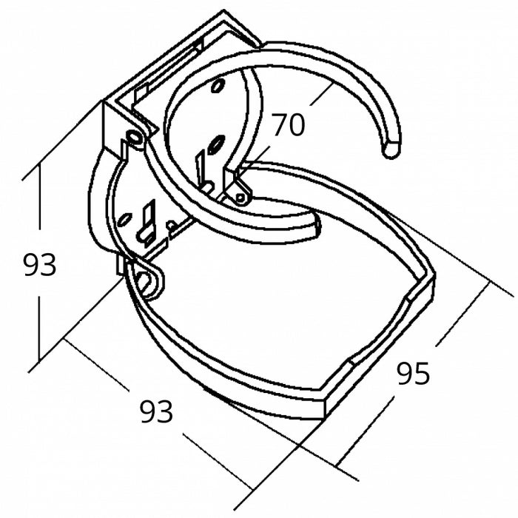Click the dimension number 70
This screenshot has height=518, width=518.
(x=288, y=126)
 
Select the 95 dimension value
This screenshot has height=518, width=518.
(x=413, y=374)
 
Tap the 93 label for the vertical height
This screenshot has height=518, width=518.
(x=39, y=264)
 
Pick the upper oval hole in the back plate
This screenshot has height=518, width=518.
(x=217, y=87)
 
